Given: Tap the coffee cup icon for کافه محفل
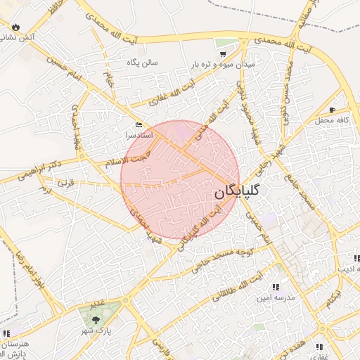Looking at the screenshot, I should (332, 110).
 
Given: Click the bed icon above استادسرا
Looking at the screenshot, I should (138, 124).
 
